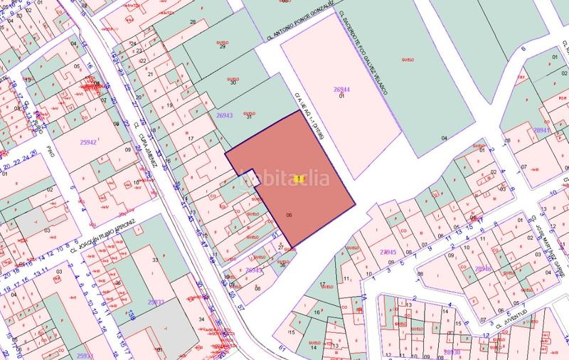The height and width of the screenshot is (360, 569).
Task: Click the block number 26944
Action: pyautogui.click(x=342, y=89)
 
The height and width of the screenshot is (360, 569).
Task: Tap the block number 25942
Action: pyautogui.click(x=88, y=142)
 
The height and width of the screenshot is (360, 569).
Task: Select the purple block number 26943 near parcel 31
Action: pyautogui.click(x=224, y=115)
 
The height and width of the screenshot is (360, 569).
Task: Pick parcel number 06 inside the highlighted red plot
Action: pyautogui.click(x=289, y=214)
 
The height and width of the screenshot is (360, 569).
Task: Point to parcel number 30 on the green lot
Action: pyautogui.click(x=233, y=83)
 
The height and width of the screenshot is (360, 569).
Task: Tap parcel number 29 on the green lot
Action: pyautogui.click(x=223, y=47)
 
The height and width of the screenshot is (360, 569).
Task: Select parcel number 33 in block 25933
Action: pyautogui.click(x=155, y=260)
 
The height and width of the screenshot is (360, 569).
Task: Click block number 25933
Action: pyautogui.click(x=155, y=302)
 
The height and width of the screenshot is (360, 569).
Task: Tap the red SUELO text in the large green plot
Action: pyautogui.click(x=408, y=58)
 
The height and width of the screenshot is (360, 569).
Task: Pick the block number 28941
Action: pyautogui.click(x=542, y=131)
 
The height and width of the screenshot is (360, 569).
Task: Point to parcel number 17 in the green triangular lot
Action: pyautogui.click(x=321, y=285)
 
